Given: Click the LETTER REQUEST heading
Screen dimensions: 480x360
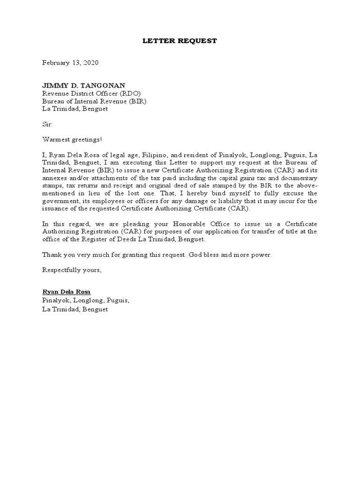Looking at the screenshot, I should tap(180, 41).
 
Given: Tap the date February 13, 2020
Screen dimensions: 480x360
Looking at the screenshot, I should tap(71, 62).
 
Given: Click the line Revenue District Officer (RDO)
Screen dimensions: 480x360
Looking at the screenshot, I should tap(91, 93).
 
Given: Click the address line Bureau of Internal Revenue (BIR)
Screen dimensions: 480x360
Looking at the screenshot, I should tap(94, 101).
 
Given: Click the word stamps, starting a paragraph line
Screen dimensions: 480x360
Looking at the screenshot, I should tap(52, 186).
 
